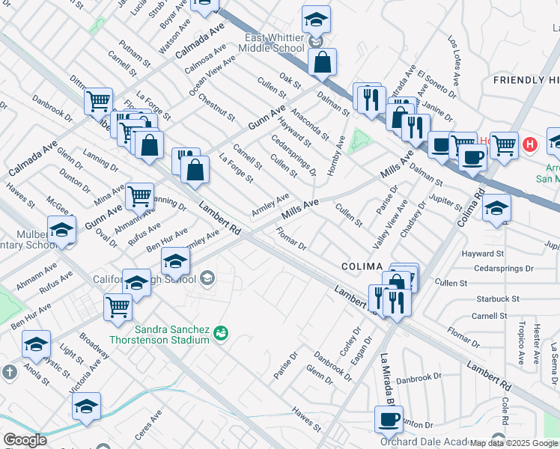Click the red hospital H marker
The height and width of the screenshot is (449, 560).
(x=531, y=144)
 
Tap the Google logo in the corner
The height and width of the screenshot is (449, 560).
(x=25, y=440)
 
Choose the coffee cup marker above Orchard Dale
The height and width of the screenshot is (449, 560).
(x=389, y=419)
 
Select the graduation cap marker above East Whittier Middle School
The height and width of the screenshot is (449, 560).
(x=316, y=20)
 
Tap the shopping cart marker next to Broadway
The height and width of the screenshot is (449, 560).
(x=118, y=307)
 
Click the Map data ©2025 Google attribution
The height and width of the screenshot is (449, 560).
(x=514, y=443)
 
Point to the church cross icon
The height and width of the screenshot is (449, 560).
(x=8, y=372)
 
